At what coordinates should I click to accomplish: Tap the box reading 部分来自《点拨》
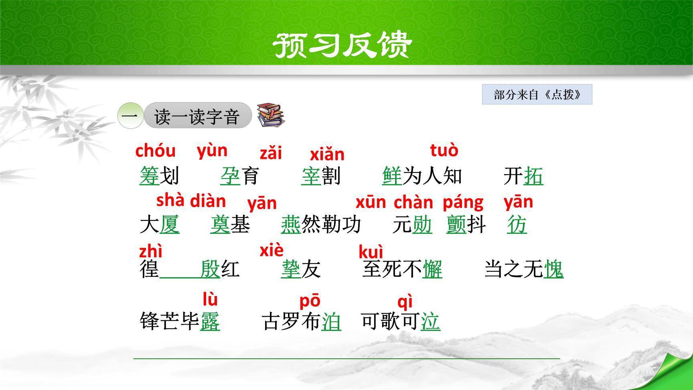537,95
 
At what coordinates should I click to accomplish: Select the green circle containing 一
130,116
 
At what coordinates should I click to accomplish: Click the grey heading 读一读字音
197,116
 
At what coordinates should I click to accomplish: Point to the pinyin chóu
156,151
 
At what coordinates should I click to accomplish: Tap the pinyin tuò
444,150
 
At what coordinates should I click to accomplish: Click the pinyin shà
170,200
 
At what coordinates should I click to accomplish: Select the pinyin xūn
371,202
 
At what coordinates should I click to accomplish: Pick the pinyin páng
463,202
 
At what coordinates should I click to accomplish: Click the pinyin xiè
272,250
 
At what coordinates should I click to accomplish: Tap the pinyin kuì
371,252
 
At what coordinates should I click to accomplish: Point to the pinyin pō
310,301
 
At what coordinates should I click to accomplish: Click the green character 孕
230,176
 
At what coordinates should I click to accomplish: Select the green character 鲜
392,176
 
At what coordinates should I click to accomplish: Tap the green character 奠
220,225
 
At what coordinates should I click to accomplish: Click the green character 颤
456,225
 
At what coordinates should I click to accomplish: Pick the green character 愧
553,269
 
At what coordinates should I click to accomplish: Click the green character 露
210,321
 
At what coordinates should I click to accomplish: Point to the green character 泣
430,321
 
